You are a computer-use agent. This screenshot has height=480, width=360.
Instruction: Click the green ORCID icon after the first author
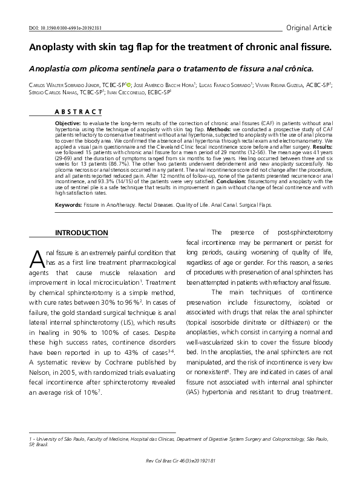pyautogui.click(x=128, y=86)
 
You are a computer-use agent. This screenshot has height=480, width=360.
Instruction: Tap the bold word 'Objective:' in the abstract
pyautogui.click(x=68, y=123)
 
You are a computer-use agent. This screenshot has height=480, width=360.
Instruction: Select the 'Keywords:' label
pyautogui.click(x=68, y=205)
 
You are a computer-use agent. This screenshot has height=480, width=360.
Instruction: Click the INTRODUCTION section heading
pyautogui.click(x=82, y=233)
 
